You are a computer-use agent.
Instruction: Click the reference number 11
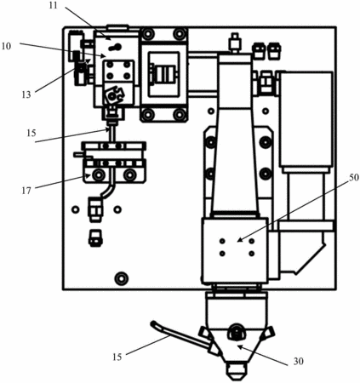pyautogui.click(x=53, y=5)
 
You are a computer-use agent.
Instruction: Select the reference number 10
pyautogui.click(x=6, y=46)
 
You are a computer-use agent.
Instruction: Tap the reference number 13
pyautogui.click(x=26, y=94)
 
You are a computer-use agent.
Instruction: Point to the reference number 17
pyautogui.click(x=26, y=191)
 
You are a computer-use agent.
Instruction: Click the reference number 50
pyautogui.click(x=354, y=178)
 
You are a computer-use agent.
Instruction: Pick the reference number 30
pyautogui.click(x=298, y=361)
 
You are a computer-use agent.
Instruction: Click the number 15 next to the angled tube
pyautogui.click(x=117, y=357)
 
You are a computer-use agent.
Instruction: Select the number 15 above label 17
pyautogui.click(x=31, y=133)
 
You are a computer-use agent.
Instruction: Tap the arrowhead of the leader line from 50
pyautogui.click(x=239, y=240)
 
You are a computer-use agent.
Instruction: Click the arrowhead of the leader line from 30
pyautogui.click(x=240, y=346)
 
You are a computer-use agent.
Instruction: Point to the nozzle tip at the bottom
pyautogui.click(x=237, y=373)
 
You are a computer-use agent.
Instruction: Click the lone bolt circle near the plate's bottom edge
pyautogui.click(x=122, y=278)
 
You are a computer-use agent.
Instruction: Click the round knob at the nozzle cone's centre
pyautogui.click(x=237, y=331)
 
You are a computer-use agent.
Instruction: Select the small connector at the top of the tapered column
pyautogui.click(x=235, y=43)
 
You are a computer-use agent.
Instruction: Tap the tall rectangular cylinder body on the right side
pyautogui.click(x=306, y=119)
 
